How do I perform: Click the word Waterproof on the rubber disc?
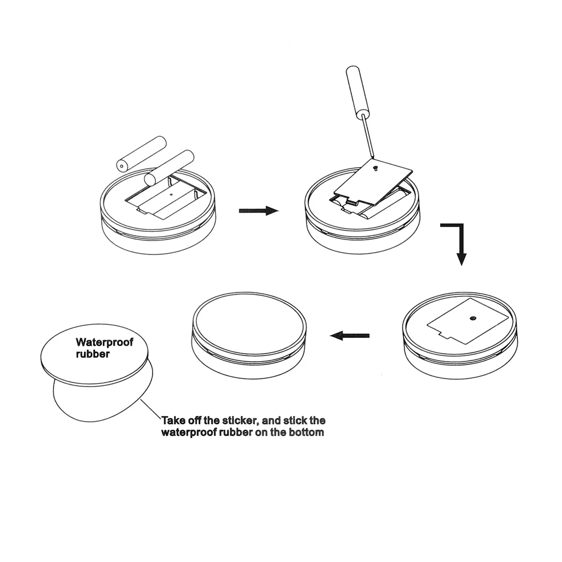(104, 342)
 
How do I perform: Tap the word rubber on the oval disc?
(93, 354)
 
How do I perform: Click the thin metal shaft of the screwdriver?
(368, 136)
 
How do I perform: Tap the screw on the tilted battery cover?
(376, 168)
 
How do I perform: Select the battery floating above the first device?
(141, 153)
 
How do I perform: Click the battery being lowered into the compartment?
(169, 168)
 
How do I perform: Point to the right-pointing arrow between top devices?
(259, 211)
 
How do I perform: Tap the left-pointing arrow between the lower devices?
(350, 335)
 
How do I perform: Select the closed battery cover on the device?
(468, 321)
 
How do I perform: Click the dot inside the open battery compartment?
(171, 194)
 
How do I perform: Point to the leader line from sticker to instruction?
(151, 409)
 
